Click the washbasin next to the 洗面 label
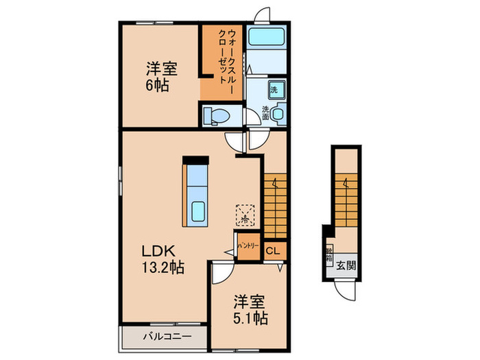point(278,115)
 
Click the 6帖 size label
point(156,86)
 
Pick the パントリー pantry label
point(247,245)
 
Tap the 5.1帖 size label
point(250,318)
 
